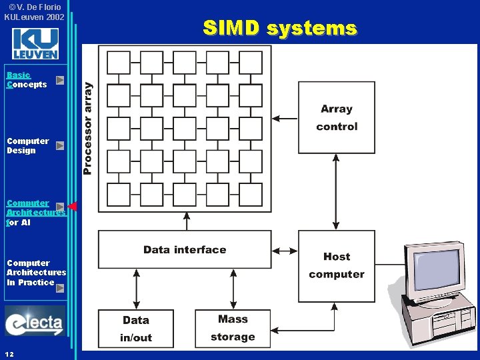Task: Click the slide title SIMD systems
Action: coord(280,29)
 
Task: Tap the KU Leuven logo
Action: coord(35,44)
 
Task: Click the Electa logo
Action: coord(35,321)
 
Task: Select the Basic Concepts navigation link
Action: coord(27,80)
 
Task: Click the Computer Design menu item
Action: coord(27,145)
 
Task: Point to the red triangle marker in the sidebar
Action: coord(73,206)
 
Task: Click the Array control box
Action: coord(337,118)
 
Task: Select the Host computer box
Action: coord(337,265)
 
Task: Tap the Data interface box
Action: coord(185,250)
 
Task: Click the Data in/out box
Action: coord(135,329)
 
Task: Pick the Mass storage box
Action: coord(233,328)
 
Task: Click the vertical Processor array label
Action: coord(87,128)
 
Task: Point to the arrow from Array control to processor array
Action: coord(285,118)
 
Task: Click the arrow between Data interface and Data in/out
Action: coord(136,289)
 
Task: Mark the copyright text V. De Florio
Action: coord(34,7)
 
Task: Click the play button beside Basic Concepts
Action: coord(60,80)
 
